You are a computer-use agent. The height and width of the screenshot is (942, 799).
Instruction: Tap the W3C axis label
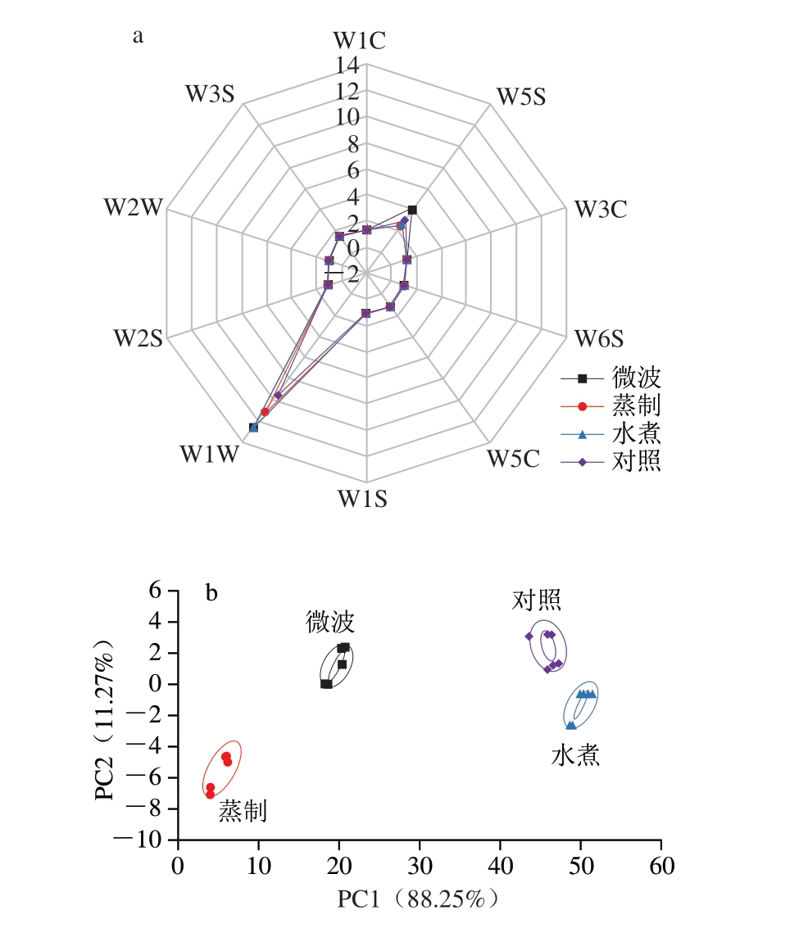tap(600, 210)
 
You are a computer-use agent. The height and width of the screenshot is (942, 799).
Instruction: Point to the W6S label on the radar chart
tap(599, 337)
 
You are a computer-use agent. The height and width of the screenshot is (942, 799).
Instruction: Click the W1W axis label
tap(209, 455)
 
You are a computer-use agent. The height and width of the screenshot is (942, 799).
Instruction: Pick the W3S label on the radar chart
tap(209, 93)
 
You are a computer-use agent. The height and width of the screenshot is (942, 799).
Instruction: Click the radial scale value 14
tap(347, 64)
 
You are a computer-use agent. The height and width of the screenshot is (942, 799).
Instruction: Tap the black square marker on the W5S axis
tap(412, 211)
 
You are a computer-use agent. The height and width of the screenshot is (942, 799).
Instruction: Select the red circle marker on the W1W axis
tap(265, 411)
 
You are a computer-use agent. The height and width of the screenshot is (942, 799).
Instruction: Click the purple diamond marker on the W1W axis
tap(279, 395)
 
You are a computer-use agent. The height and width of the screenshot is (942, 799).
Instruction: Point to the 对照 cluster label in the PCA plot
tap(537, 600)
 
